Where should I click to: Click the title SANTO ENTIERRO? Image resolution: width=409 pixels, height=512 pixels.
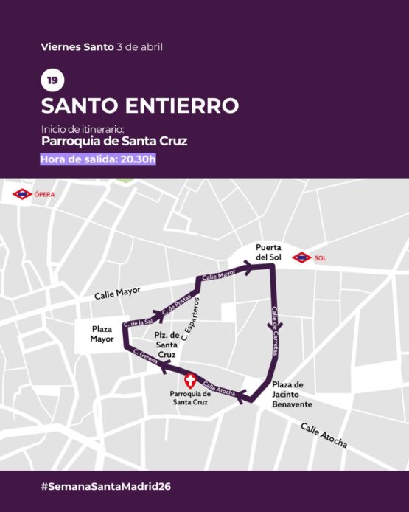(x=139, y=105)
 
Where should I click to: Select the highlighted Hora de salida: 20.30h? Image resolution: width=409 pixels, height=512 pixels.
(x=98, y=159)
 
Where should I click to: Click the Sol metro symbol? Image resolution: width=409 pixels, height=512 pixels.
(x=301, y=258)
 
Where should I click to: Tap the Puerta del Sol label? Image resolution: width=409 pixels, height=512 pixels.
(x=270, y=252)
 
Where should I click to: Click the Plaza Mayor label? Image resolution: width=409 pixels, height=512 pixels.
(x=102, y=334)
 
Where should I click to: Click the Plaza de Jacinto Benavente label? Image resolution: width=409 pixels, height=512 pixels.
(x=293, y=395)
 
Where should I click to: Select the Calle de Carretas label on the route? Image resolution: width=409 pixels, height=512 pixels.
(x=275, y=331)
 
